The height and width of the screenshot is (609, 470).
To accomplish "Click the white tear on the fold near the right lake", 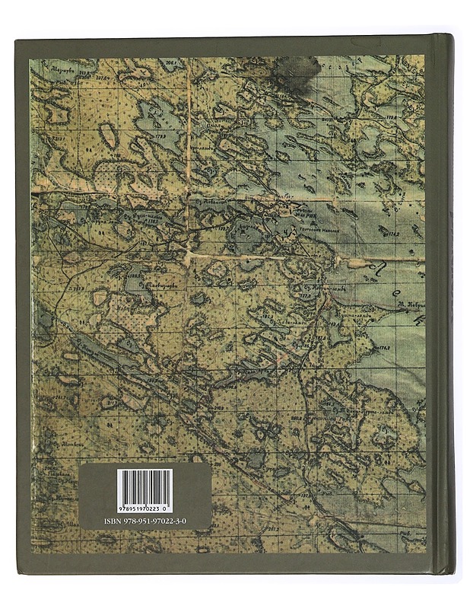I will (357, 263).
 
